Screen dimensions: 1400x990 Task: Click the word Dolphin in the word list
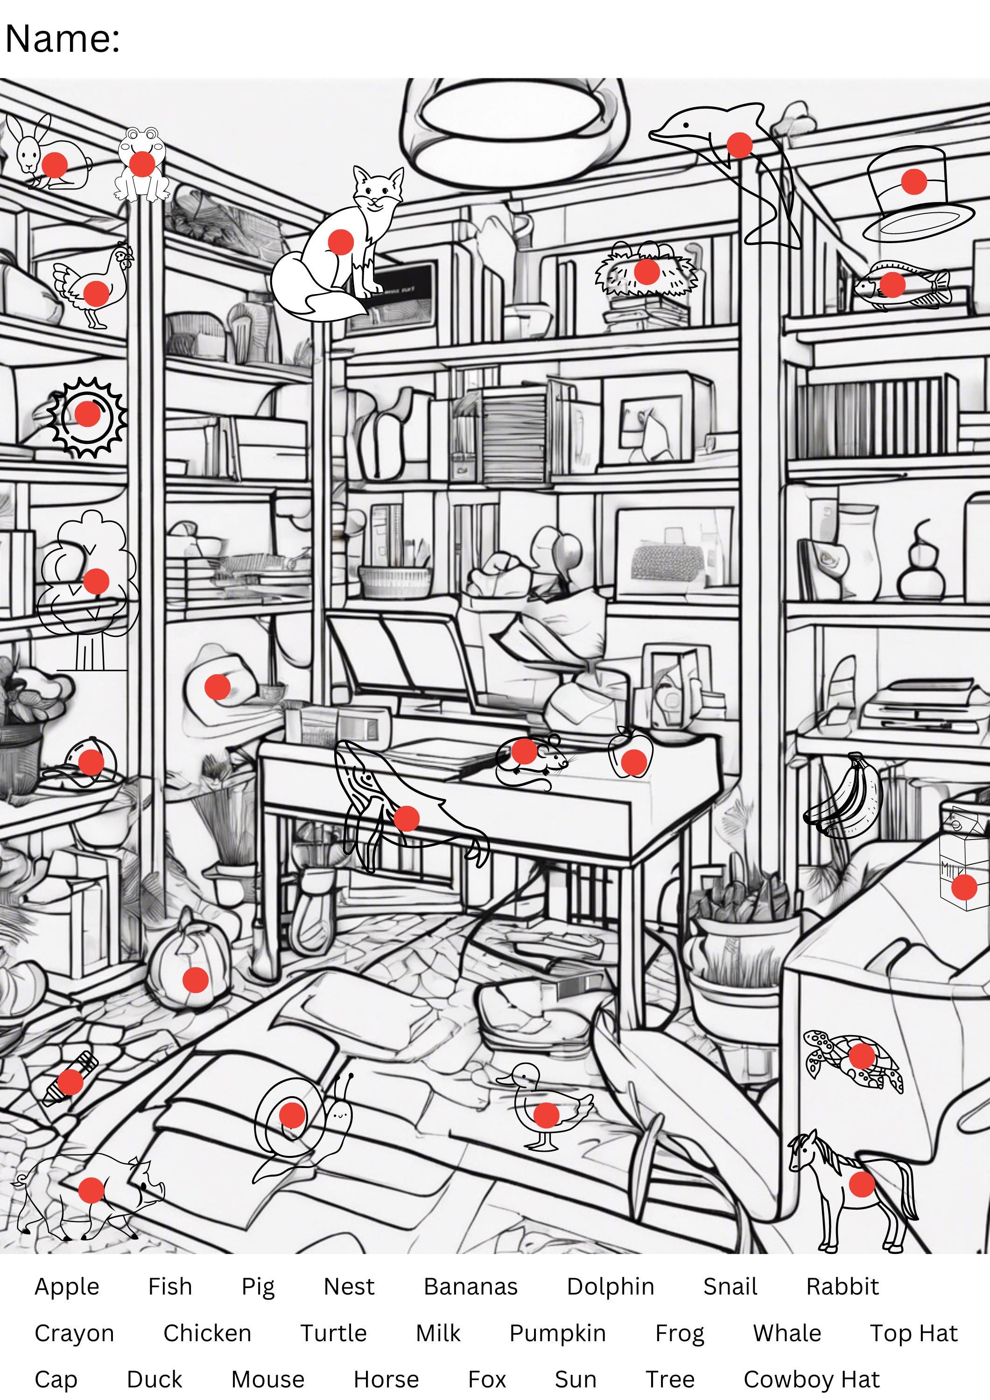(x=610, y=1286)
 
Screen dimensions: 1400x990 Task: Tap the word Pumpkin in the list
(x=557, y=1332)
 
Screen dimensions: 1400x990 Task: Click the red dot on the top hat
(x=913, y=181)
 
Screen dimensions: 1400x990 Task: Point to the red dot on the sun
(x=87, y=413)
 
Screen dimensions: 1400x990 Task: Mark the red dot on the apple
(x=633, y=762)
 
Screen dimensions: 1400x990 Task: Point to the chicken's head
(x=124, y=255)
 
